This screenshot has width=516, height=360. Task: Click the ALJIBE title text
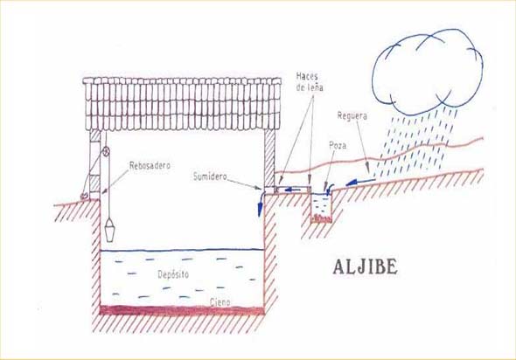tap(365, 267)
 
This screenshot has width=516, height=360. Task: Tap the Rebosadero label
tap(150, 165)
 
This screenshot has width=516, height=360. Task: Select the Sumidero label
tap(210, 177)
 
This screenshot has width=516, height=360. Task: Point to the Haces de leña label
tap(310, 82)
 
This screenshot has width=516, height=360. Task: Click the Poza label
tap(338, 145)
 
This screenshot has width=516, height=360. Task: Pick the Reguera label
tap(352, 116)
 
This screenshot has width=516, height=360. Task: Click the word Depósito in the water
tap(173, 274)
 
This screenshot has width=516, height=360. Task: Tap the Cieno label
tap(220, 301)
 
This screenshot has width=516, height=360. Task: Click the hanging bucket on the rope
tap(109, 231)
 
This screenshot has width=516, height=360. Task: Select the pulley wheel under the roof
tap(106, 151)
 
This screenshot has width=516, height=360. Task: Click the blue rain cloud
tap(428, 72)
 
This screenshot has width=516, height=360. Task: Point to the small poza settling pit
tap(321, 208)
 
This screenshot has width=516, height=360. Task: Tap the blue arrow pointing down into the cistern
tap(261, 204)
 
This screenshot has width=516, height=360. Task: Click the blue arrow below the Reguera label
tap(360, 182)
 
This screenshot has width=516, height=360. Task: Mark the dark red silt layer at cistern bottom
tap(182, 310)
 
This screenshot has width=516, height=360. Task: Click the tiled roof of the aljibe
tap(182, 104)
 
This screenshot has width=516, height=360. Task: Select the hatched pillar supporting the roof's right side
tap(269, 158)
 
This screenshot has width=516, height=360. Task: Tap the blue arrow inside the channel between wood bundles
tap(293, 190)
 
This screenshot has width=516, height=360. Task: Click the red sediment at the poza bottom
tap(321, 218)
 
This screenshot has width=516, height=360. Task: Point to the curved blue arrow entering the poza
tap(328, 189)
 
